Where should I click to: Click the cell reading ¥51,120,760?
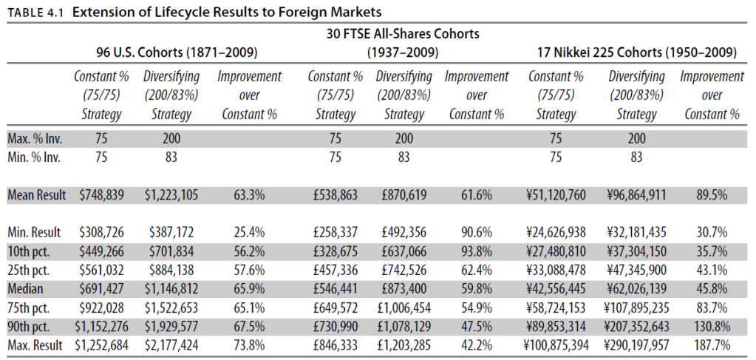click(556, 195)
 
